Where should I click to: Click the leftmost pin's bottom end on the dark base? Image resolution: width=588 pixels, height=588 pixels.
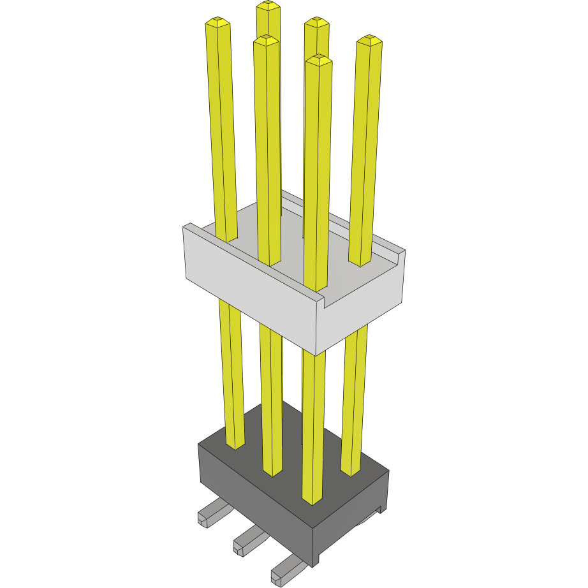coord(235,444)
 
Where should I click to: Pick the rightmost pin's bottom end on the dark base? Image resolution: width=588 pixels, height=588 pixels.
coord(351,471)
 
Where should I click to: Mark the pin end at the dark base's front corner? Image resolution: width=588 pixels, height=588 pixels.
coord(312,499)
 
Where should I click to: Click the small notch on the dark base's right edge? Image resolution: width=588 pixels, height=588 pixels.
coord(381,509)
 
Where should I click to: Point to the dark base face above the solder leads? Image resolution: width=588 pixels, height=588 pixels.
coord(255,497)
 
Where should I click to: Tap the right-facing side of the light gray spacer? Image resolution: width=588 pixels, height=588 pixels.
coord(364,312)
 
